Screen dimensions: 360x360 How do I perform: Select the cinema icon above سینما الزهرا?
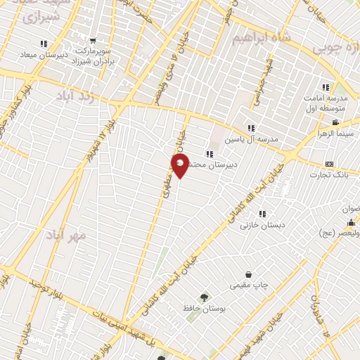pyautogui.click(x=335, y=123)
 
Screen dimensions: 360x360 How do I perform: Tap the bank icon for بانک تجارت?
pyautogui.click(x=329, y=164)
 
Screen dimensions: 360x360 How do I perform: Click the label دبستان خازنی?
pyautogui.click(x=255, y=226)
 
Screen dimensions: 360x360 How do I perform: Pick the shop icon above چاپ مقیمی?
pyautogui.click(x=248, y=274)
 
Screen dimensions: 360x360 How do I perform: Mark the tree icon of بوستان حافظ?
pyautogui.click(x=205, y=297)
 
